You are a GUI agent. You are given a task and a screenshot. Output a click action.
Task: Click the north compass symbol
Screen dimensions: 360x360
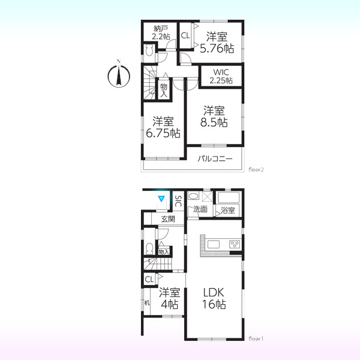pos(119,75)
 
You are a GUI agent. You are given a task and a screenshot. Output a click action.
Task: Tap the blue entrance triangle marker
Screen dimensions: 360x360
pos(161,199)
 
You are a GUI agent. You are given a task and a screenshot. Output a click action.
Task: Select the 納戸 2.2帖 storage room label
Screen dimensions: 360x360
pos(161,32)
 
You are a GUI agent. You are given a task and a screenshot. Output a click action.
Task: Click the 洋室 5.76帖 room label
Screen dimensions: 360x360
pos(217,43)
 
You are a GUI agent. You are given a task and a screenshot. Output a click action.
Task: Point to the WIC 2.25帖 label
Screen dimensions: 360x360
pos(221,76)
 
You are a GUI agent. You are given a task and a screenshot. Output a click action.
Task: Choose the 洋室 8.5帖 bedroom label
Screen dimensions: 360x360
pos(214,116)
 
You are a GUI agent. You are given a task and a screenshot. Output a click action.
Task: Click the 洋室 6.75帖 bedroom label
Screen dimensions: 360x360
pos(163,127)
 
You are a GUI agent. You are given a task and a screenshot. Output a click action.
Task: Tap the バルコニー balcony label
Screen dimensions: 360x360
pos(215,158)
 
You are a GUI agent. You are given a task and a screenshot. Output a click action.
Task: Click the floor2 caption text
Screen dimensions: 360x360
pos(256,170)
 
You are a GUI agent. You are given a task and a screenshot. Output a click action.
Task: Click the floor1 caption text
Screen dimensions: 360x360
pos(256,338)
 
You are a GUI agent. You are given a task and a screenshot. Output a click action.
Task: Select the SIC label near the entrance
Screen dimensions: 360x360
pos(178,202)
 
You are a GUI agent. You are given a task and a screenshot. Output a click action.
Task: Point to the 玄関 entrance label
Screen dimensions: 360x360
pos(168,219)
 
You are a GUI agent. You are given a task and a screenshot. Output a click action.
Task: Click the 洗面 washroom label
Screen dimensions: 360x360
pos(200,209)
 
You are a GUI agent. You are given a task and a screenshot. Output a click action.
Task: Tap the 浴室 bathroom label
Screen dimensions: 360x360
pos(228,210)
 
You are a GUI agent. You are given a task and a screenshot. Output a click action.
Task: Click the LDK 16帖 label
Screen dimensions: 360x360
pos(214,298)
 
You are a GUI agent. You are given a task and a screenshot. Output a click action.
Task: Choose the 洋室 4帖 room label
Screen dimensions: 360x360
pos(169,298)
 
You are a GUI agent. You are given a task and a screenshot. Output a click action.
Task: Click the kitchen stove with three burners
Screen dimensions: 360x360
pos(235,244)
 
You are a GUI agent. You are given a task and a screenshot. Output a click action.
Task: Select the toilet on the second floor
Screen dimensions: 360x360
pos(149,50)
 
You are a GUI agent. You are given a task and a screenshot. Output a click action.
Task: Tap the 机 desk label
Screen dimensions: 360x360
pos(147,303)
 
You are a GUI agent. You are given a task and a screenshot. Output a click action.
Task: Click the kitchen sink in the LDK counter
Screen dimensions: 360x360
pos(214,244)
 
